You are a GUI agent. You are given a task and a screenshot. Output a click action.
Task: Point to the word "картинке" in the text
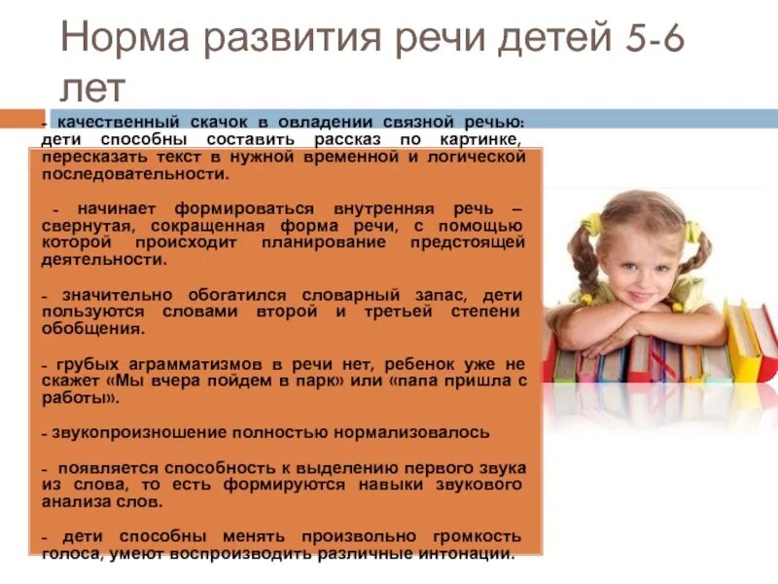pos(486,139)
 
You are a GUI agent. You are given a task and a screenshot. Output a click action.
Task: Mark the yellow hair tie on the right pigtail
pos(692,233)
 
